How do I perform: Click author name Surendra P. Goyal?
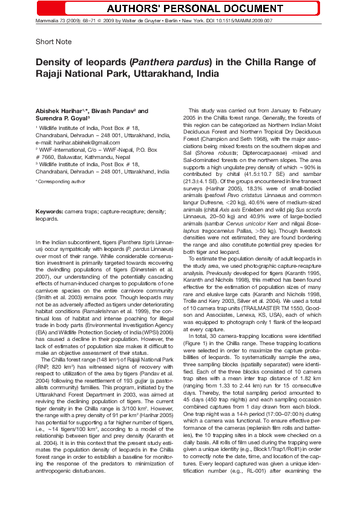(x=57, y=120)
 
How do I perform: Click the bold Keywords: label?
(x=50, y=212)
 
